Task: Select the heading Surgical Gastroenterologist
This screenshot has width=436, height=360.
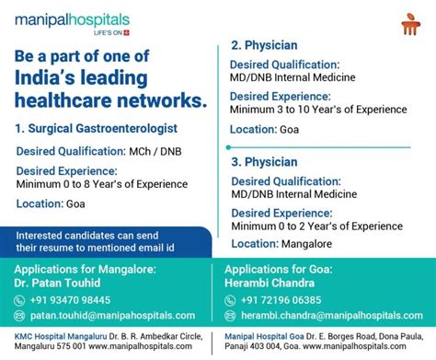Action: pyautogui.click(x=103, y=128)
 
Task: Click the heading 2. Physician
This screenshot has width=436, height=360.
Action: pyautogui.click(x=263, y=43)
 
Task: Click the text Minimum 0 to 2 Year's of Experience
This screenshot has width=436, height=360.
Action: pyautogui.click(x=316, y=226)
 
